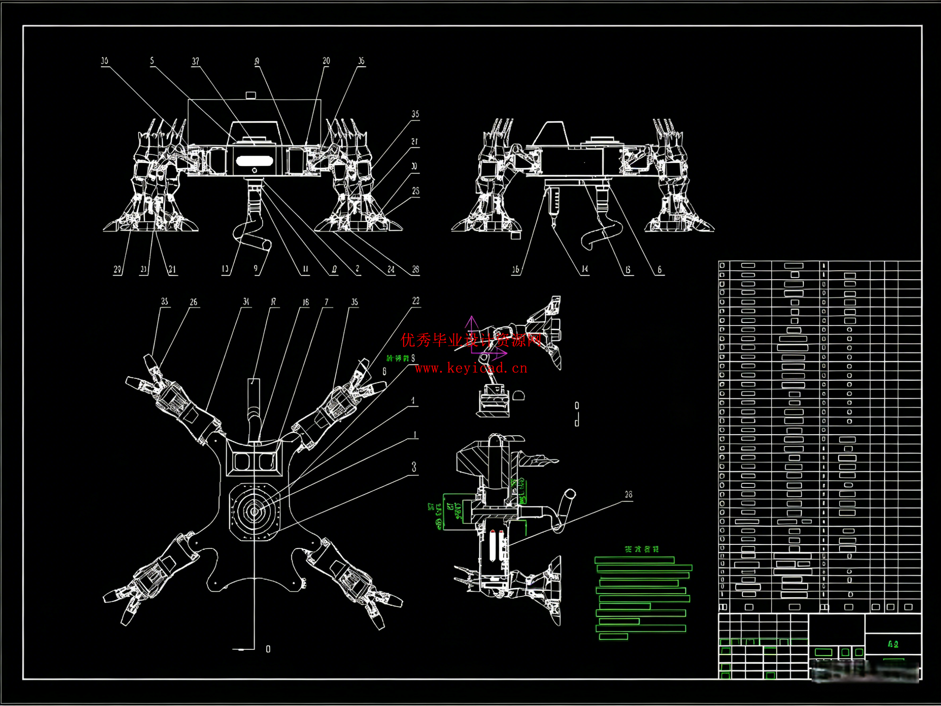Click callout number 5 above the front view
[x=152, y=61]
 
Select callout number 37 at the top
[x=195, y=61]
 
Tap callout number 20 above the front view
[x=326, y=61]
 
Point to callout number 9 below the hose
[x=256, y=268]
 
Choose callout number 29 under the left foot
[x=117, y=269]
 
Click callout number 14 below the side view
[x=585, y=269]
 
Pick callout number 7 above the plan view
[x=327, y=302]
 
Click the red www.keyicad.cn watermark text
[x=471, y=368]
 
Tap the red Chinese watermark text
[x=471, y=340]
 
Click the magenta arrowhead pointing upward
[x=471, y=319]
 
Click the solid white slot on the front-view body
[x=254, y=161]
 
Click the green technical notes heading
[x=642, y=550]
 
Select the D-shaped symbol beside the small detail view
[x=519, y=396]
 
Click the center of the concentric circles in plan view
[x=254, y=512]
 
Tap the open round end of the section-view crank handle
[x=570, y=494]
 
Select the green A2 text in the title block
[x=893, y=644]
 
